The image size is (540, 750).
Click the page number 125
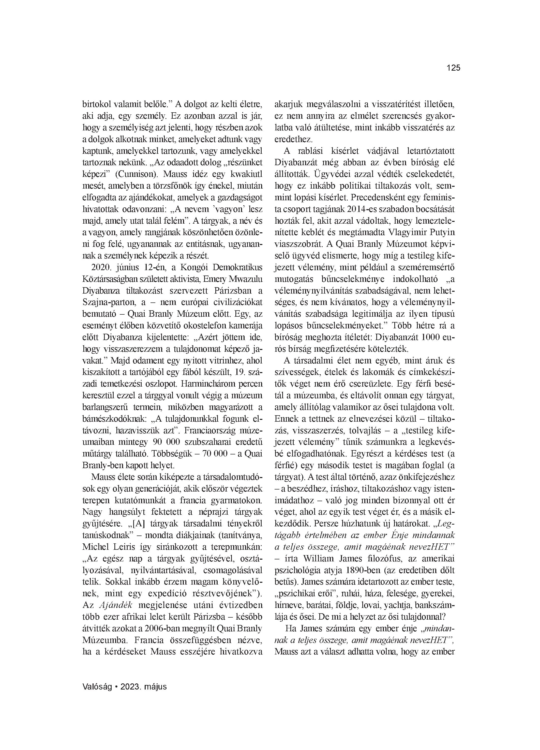coord(453,68)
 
